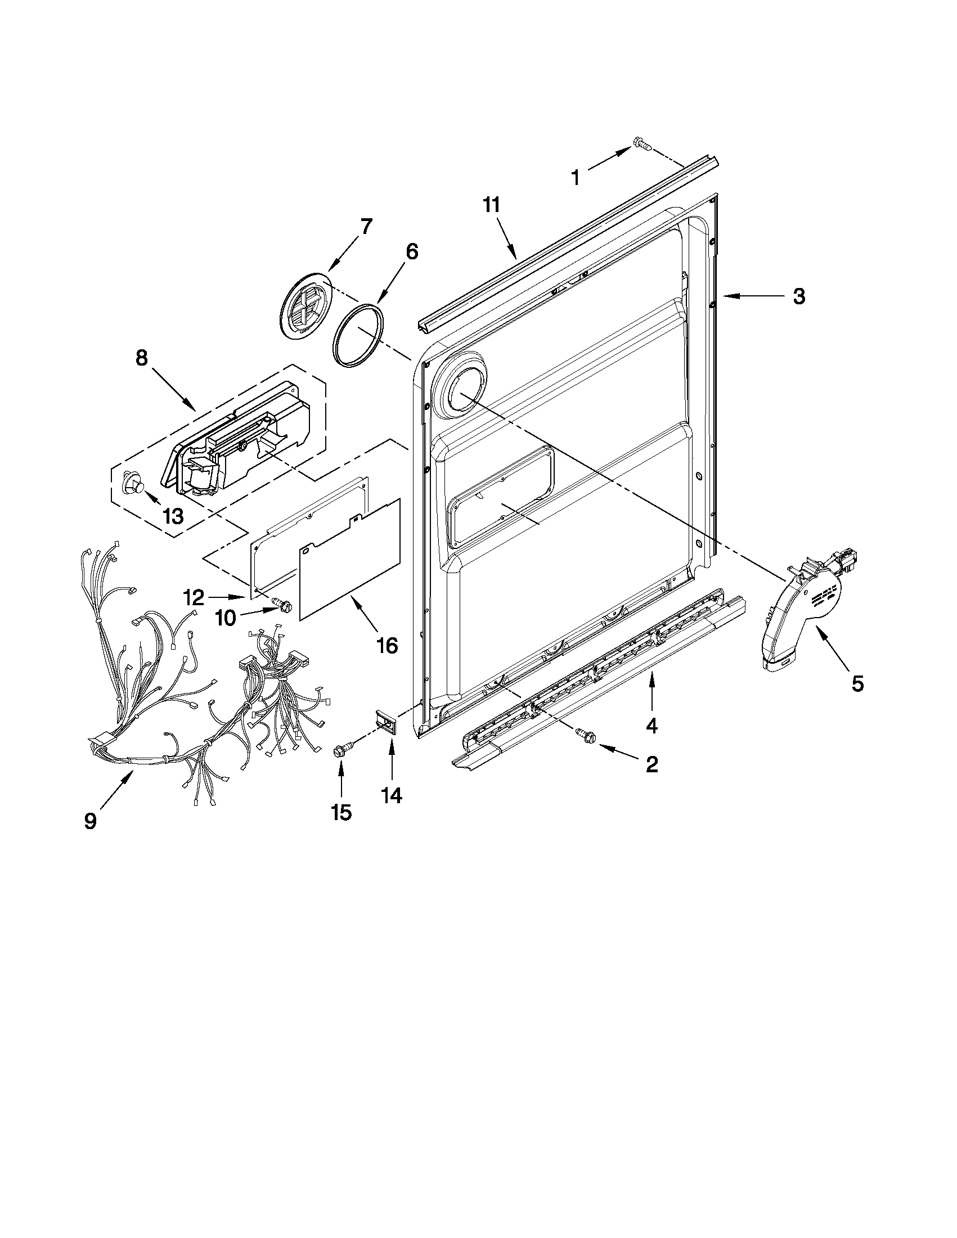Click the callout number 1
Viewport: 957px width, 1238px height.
[x=575, y=177]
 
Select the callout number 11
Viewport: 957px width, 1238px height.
[x=492, y=205]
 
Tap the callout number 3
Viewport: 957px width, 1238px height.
[x=799, y=296]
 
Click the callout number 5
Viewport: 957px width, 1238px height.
[x=857, y=683]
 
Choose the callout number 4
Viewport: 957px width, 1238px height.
[x=652, y=726]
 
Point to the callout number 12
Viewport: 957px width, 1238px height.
[x=194, y=597]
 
